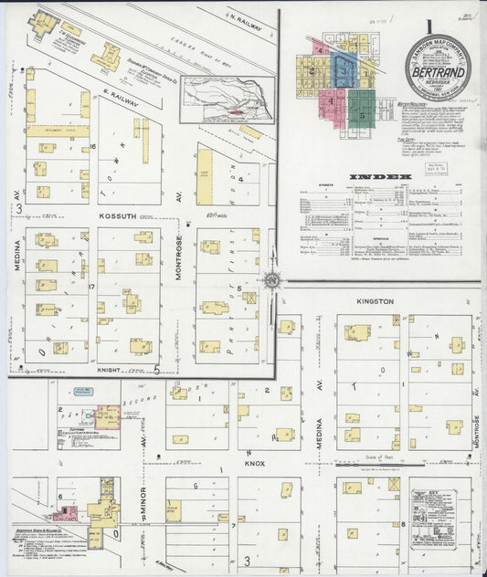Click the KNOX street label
[x=253, y=463]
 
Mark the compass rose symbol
[x=271, y=279]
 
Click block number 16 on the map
[x=93, y=146]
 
